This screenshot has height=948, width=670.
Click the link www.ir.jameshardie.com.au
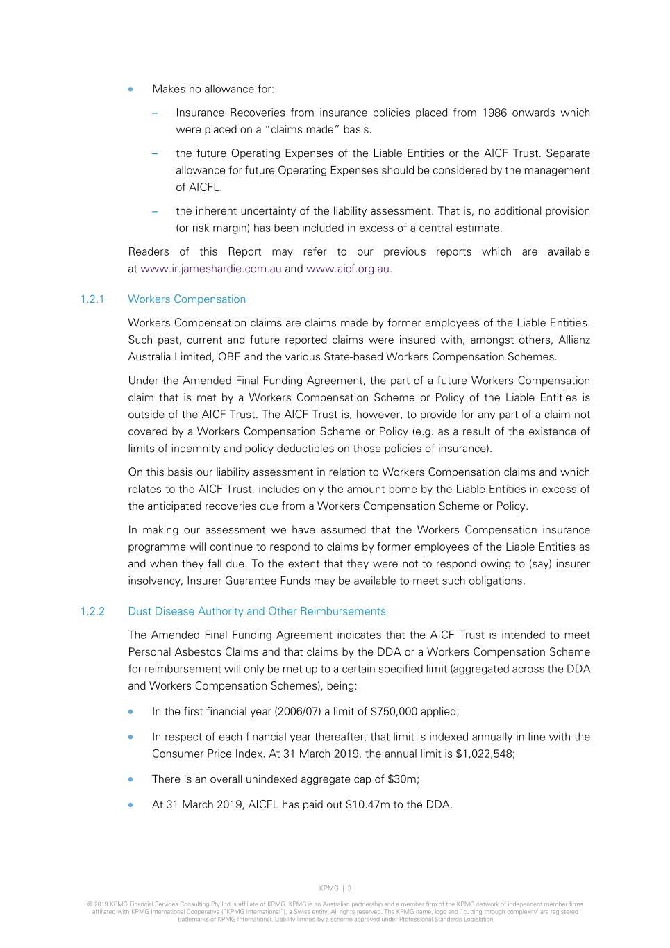point(210,269)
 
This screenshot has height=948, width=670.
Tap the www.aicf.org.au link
point(348,269)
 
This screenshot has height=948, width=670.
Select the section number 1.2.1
point(92,299)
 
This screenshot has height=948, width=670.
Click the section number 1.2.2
point(92,611)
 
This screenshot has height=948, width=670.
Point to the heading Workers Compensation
point(187,299)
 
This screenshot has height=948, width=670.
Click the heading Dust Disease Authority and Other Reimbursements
point(257,611)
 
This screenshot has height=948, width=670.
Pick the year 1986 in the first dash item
point(494,113)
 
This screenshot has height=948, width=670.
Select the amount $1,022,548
point(485,754)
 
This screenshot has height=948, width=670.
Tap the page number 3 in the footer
point(350,888)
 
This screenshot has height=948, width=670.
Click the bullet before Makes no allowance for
point(131,89)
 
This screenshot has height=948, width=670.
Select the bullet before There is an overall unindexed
point(131,779)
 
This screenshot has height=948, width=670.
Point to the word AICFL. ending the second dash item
point(199,188)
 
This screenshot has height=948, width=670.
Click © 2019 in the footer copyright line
point(97,904)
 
